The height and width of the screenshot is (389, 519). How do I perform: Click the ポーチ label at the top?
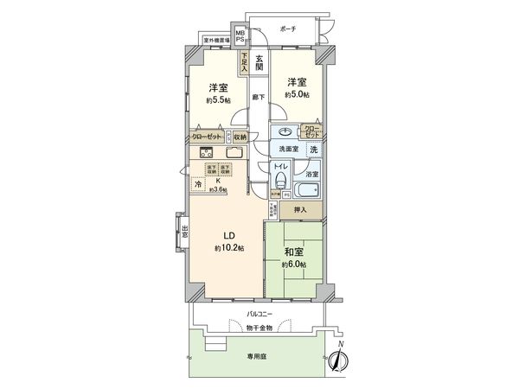click(289, 29)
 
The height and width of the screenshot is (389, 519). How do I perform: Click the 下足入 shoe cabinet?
click(245, 64)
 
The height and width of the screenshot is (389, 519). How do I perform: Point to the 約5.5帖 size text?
click(218, 100)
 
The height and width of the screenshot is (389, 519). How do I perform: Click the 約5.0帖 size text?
click(298, 94)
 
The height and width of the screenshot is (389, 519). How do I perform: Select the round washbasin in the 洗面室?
click(285, 132)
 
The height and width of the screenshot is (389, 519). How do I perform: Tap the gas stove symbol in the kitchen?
click(205, 154)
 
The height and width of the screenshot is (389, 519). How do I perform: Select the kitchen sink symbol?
click(233, 154)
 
